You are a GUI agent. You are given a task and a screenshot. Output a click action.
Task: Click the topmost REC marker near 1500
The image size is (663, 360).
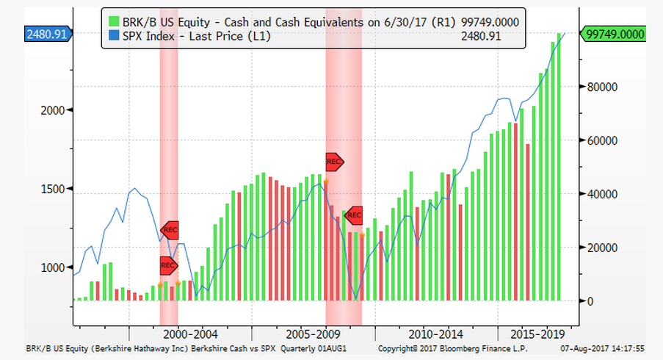334,162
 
